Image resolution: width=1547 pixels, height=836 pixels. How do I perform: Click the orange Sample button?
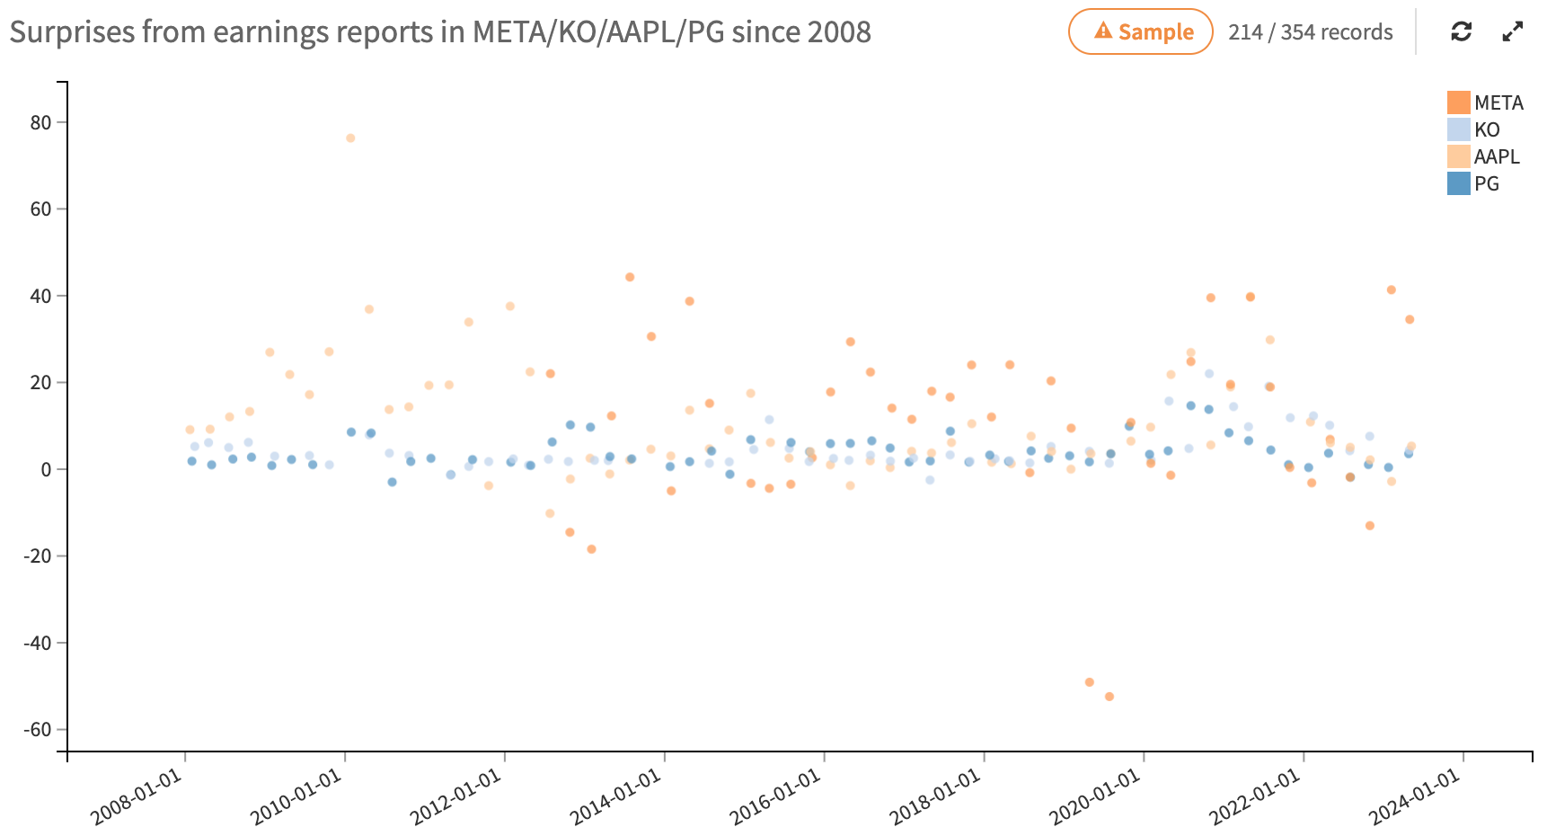point(1140,32)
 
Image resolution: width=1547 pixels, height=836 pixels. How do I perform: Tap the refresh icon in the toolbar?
point(1462,32)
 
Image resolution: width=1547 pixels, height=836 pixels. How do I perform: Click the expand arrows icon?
point(1513,32)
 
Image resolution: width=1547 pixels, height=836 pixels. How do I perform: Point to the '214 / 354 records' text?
point(1310,32)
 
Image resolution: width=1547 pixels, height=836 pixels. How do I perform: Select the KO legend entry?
point(1474,129)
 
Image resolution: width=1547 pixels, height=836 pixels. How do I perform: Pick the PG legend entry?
point(1474,183)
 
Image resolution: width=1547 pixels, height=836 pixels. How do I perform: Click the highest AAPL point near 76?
point(350,138)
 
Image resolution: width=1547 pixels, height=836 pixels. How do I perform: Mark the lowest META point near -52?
point(1109,697)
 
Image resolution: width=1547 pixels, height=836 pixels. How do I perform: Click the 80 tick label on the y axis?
point(40,122)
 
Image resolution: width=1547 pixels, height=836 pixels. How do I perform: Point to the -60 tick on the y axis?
point(38,729)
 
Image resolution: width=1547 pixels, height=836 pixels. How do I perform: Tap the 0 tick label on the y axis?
point(47,469)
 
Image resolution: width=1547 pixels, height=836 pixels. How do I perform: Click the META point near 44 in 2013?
point(630,277)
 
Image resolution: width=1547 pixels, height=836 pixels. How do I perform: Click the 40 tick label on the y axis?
point(40,296)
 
